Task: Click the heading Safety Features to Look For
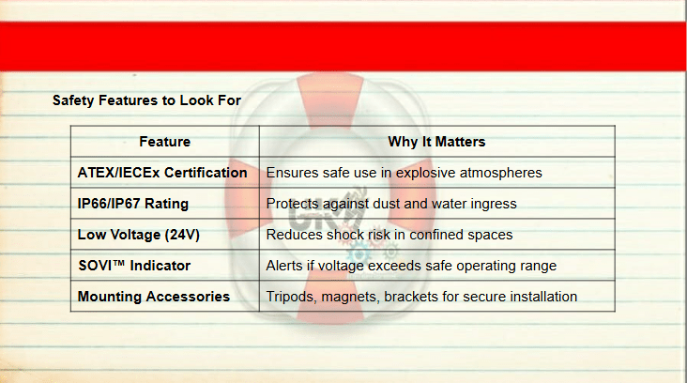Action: pyautogui.click(x=146, y=100)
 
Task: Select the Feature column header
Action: pyautogui.click(x=165, y=142)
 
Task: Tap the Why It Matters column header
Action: pyautogui.click(x=436, y=142)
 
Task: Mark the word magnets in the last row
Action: pyautogui.click(x=350, y=298)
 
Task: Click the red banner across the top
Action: pyautogui.click(x=343, y=46)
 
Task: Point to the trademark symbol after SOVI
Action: pyautogui.click(x=118, y=263)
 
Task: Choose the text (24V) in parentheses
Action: pyautogui.click(x=182, y=235)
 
